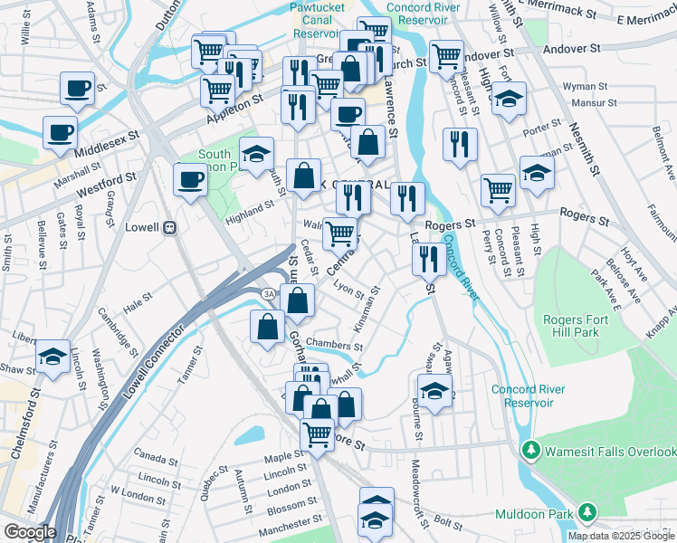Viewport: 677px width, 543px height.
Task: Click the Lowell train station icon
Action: pos(168,228)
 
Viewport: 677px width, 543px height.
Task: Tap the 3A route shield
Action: pos(268,295)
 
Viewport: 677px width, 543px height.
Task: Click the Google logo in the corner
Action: pos(29,532)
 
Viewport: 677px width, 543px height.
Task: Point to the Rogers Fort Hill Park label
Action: pos(584,326)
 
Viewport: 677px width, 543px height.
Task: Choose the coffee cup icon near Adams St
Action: pos(78,89)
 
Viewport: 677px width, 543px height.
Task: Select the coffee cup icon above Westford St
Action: pos(189,178)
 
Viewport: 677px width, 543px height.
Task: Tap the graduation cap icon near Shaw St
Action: pos(52,356)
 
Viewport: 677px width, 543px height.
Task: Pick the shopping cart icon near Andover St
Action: pos(446,55)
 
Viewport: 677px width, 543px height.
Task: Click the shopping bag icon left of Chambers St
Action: pos(267,327)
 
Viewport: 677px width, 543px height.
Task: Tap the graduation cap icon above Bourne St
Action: pos(434,392)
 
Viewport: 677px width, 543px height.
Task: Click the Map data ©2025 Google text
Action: pos(620,536)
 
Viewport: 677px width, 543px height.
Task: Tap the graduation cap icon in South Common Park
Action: pos(256,154)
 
